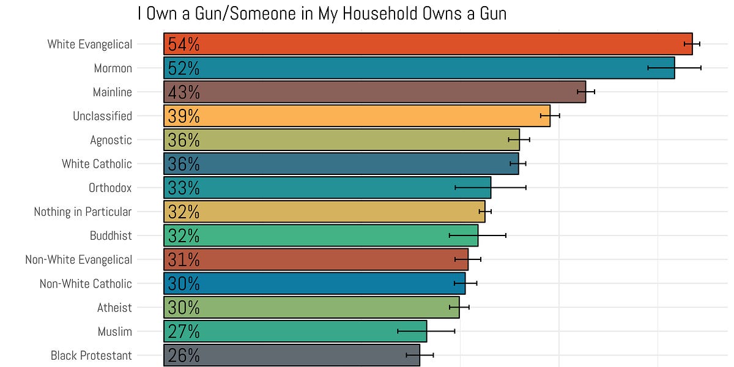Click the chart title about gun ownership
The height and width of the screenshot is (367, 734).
(322, 13)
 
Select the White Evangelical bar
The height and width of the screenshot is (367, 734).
(428, 44)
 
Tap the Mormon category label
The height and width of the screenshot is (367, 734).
(113, 69)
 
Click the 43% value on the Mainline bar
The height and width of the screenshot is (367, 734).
(183, 92)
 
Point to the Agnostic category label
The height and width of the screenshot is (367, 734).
(111, 140)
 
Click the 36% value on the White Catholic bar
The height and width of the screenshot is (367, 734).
(183, 164)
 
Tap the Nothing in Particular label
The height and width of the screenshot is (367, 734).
(83, 212)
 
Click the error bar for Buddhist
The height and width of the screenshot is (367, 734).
(478, 235)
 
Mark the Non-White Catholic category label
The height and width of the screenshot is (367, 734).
(86, 284)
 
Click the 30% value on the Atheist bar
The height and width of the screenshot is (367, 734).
(183, 308)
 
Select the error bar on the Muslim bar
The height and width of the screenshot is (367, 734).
(426, 332)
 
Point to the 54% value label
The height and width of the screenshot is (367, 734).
(183, 45)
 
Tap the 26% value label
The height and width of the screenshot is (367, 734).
(183, 355)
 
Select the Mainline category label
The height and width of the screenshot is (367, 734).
(112, 92)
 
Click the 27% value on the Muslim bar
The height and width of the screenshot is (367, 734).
(183, 332)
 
